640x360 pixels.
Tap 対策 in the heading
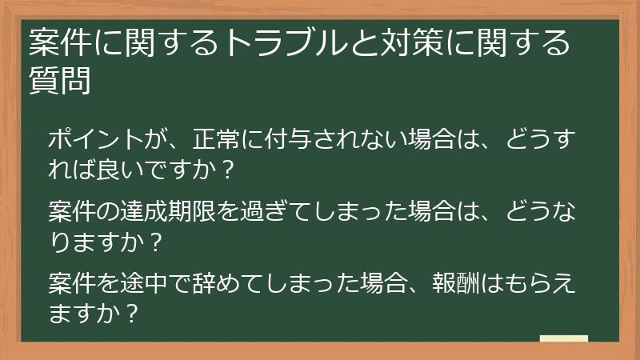pos(403,43)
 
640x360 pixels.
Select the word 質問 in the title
pos(59,80)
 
